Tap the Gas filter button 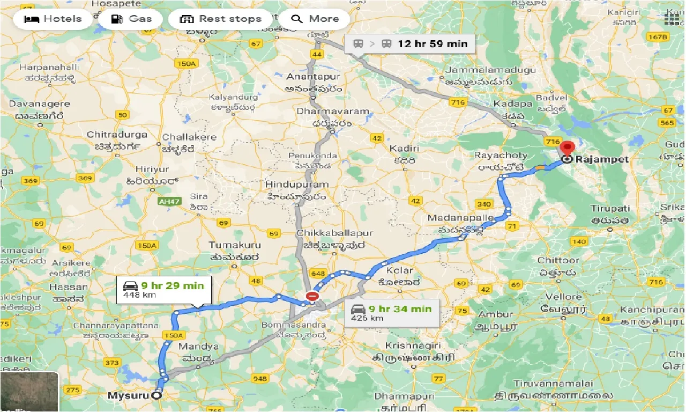click(132, 19)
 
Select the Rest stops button click(220, 19)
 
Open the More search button click(315, 19)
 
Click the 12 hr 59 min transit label click(410, 44)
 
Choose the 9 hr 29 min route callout click(164, 289)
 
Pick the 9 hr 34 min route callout click(391, 312)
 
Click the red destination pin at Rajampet click(566, 149)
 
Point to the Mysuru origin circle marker click(156, 395)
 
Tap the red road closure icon click(312, 296)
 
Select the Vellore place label click(563, 297)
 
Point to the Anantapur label click(314, 77)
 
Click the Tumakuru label click(235, 245)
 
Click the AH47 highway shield click(170, 202)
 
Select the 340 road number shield click(484, 204)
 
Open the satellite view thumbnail click(29, 392)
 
